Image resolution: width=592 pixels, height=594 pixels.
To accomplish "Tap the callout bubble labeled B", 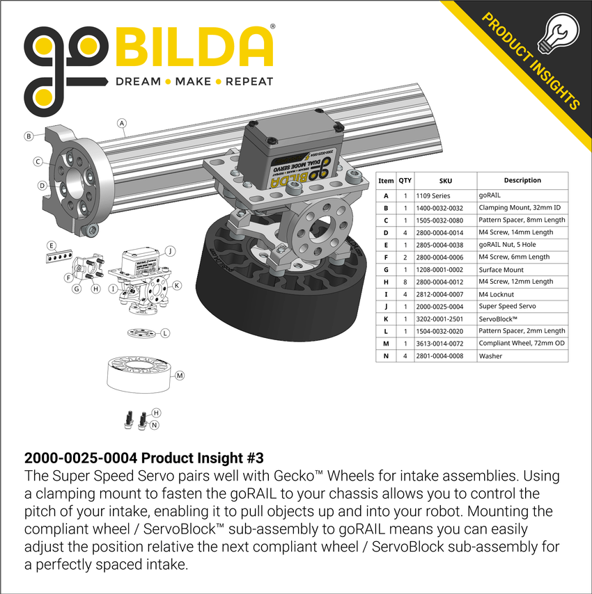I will (x=29, y=136).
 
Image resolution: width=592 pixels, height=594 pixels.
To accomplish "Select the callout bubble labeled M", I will (x=179, y=376).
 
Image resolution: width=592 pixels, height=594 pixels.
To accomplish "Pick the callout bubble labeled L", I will (x=164, y=333).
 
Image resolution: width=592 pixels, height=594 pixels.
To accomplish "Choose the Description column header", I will (x=522, y=181).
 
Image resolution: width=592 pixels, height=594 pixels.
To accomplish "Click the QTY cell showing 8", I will (x=405, y=282).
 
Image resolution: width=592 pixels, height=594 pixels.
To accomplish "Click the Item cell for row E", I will (x=386, y=245).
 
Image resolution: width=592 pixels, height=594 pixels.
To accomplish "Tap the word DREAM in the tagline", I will (x=138, y=81).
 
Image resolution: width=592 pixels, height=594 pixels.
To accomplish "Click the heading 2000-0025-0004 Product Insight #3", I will (x=143, y=459).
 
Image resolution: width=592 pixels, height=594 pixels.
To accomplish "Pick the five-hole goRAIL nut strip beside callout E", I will (x=61, y=256).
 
